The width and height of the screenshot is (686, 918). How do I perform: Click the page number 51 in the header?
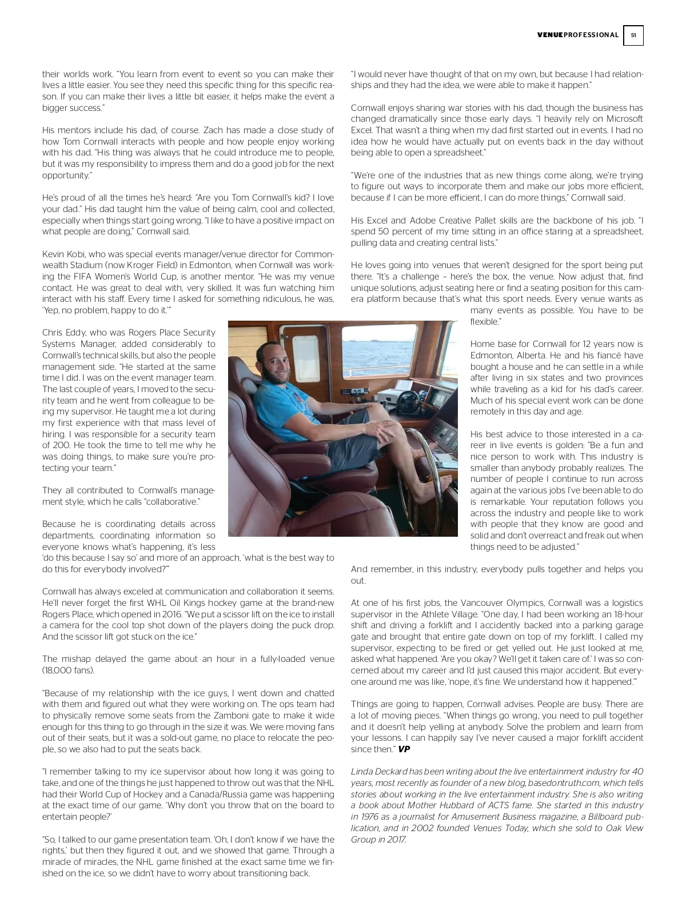(633, 35)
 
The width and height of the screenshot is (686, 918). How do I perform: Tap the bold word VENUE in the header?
(550, 35)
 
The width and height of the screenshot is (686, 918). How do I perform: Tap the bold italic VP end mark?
(404, 749)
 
